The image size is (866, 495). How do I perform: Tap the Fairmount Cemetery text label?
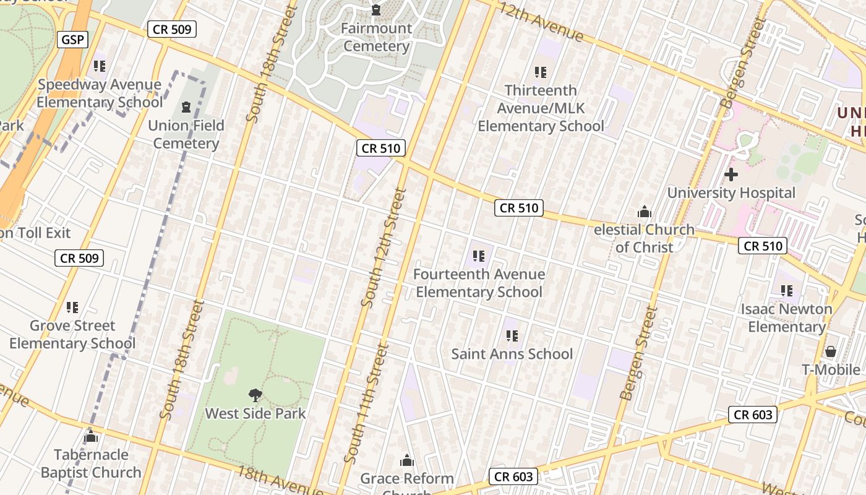376,37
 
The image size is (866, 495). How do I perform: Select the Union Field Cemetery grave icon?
186,107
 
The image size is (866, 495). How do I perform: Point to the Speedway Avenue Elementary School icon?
99,66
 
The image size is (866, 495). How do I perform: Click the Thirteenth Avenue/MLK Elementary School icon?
541,72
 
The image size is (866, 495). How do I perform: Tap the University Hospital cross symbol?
731,174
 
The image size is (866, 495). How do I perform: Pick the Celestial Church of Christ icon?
645,212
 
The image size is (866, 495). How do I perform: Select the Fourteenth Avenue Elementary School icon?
478,256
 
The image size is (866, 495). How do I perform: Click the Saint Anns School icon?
512,336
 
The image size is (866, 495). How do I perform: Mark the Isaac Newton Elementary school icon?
787,290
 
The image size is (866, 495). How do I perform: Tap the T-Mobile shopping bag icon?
830,351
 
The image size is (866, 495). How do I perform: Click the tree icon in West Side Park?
255,395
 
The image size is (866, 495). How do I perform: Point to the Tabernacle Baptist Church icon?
91,437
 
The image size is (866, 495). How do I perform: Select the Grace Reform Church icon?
407,460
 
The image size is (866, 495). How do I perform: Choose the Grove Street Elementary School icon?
72,307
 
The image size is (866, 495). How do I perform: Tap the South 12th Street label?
383,247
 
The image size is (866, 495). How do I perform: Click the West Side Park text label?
255,413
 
